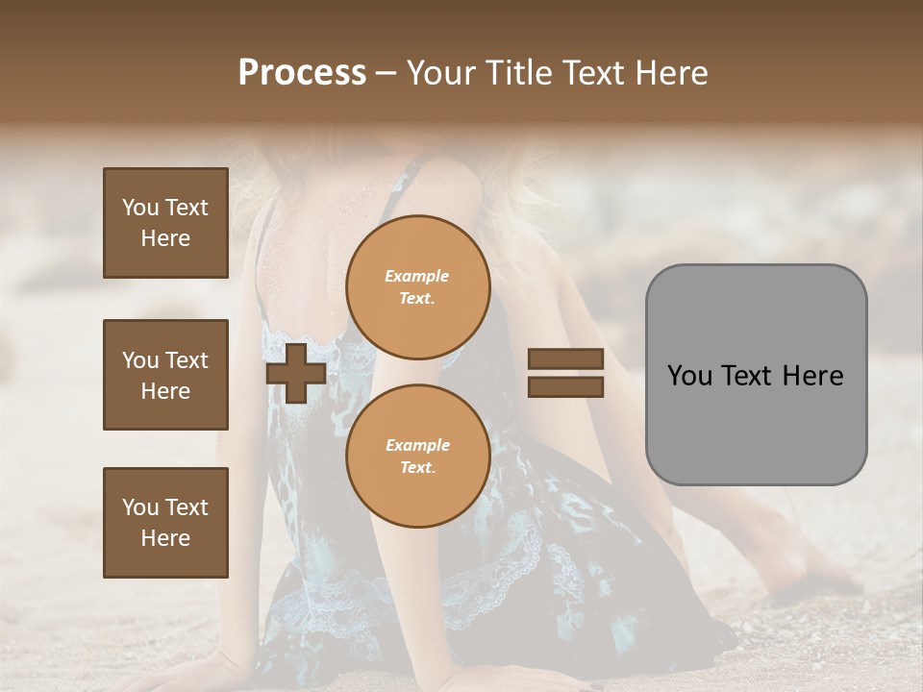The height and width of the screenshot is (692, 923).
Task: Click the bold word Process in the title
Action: (x=302, y=73)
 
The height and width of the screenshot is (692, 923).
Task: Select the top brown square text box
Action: (x=165, y=223)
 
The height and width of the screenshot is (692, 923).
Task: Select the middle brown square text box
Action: (x=165, y=375)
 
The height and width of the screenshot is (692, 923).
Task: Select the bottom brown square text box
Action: (x=165, y=523)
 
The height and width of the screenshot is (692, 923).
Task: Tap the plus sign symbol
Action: (x=296, y=373)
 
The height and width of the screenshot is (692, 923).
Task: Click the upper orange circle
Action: (x=417, y=286)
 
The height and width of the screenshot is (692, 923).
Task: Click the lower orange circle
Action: (x=417, y=456)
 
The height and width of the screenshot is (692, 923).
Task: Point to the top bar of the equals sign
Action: (x=565, y=358)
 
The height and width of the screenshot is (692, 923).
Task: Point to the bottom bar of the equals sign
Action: (x=565, y=386)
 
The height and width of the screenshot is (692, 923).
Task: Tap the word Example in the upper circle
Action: (x=417, y=276)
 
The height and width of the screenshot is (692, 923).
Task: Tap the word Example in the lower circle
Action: (x=417, y=445)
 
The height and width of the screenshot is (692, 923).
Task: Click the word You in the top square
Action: (x=139, y=208)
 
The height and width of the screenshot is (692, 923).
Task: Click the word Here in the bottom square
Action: (x=165, y=538)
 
